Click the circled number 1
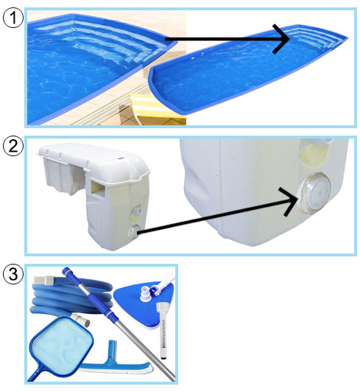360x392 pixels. tap(13, 18)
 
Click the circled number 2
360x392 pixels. tap(13, 146)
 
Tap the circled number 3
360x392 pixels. tap(13, 274)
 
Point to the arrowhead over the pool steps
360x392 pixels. tap(281, 39)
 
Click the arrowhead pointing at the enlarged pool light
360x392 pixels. tap(289, 201)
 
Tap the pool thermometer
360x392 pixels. tap(163, 332)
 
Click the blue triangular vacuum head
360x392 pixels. tap(140, 304)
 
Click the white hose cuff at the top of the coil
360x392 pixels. tap(43, 281)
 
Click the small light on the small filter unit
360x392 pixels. tap(134, 231)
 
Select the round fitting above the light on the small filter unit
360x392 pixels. tap(137, 211)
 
